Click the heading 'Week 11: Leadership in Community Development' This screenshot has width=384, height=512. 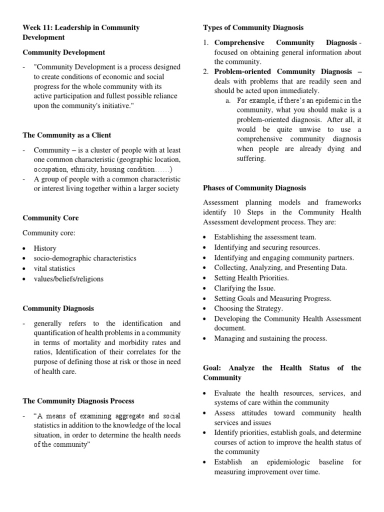[81, 32]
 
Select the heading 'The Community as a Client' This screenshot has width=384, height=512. [67, 135]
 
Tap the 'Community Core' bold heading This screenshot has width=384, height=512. [50, 218]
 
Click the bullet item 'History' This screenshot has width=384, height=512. [45, 248]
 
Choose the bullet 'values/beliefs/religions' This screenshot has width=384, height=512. [68, 279]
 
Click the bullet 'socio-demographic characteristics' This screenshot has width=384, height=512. [85, 258]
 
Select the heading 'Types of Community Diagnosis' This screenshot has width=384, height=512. [253, 27]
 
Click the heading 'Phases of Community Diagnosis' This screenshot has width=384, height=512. [254, 188]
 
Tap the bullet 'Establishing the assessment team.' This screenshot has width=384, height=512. [265, 237]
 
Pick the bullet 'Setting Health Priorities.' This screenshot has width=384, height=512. [251, 278]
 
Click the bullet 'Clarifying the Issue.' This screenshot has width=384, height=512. [244, 288]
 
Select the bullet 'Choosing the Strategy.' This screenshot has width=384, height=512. [248, 308]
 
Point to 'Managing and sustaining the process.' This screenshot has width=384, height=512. [270, 338]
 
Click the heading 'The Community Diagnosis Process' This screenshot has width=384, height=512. [78, 401]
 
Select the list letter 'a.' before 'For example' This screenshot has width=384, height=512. [228, 100]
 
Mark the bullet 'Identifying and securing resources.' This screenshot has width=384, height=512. [267, 247]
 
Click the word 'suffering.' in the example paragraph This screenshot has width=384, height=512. [251, 158]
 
